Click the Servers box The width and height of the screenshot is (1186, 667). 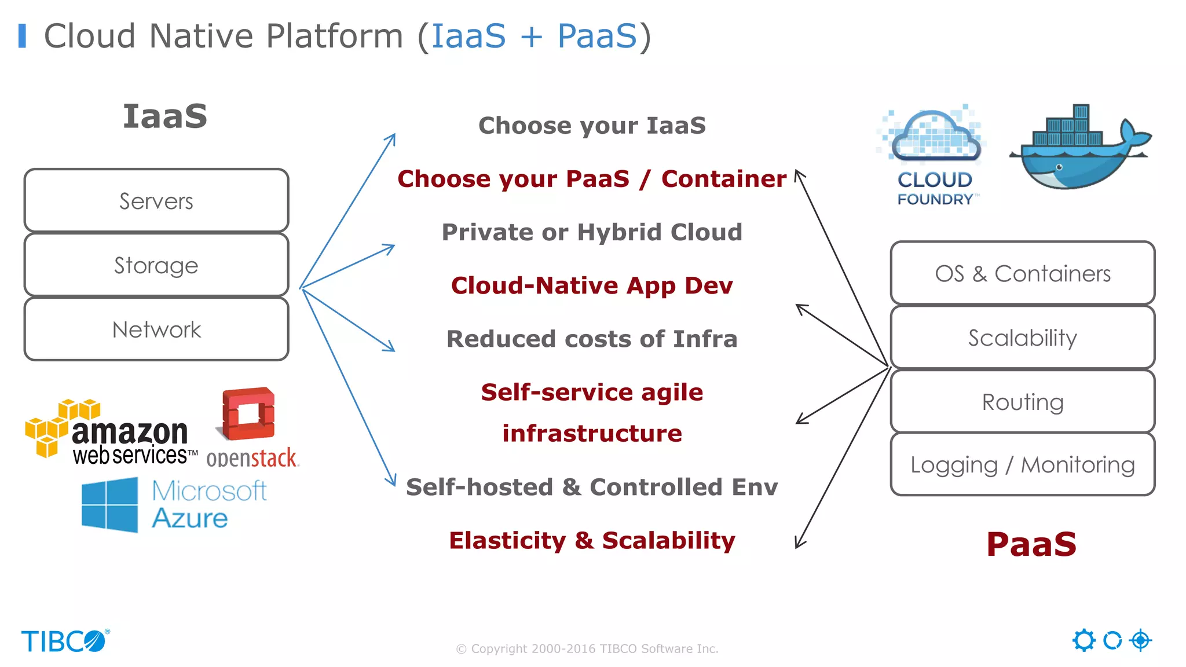(x=156, y=201)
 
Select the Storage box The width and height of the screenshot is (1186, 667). (x=156, y=265)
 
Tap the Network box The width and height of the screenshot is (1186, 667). (x=156, y=329)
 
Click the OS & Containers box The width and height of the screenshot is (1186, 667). (x=1023, y=273)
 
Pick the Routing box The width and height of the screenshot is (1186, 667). (x=1023, y=402)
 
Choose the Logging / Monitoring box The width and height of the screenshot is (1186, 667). (x=1023, y=464)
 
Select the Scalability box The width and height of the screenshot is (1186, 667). (x=1023, y=338)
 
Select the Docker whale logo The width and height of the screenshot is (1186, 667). (x=1079, y=148)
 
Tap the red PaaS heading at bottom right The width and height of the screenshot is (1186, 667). (x=1031, y=544)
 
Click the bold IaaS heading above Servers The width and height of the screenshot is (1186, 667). (x=165, y=116)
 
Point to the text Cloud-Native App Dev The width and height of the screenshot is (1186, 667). (x=592, y=285)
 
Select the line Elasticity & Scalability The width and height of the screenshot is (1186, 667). (x=592, y=540)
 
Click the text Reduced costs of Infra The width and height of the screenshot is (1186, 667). (x=592, y=339)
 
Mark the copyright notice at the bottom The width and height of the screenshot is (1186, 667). (x=587, y=648)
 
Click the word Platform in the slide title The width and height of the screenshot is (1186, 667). (x=334, y=36)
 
